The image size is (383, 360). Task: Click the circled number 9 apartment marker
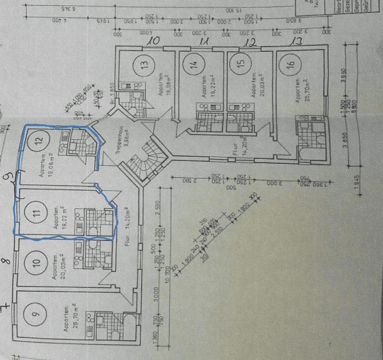[x=36, y=313]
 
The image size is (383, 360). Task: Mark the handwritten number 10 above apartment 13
[x=153, y=40]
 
